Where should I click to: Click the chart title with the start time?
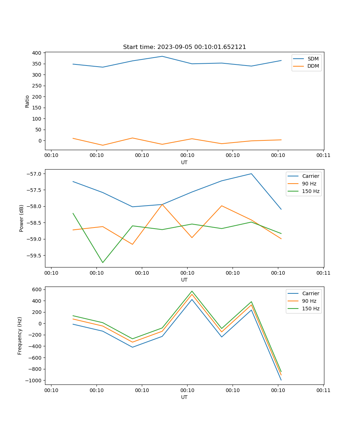pyautogui.click(x=184, y=47)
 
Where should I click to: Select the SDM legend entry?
pyautogui.click(x=313, y=59)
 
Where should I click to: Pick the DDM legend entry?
pyautogui.click(x=313, y=66)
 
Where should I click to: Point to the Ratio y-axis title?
pyautogui.click(x=27, y=101)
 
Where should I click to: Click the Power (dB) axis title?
pyautogui.click(x=22, y=218)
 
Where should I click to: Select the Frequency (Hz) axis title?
pyautogui.click(x=20, y=336)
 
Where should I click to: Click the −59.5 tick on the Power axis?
pyautogui.click(x=35, y=256)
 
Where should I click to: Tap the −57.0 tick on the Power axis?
pyautogui.click(x=35, y=174)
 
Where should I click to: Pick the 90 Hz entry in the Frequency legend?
pyautogui.click(x=309, y=301)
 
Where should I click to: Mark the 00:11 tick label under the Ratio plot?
pyautogui.click(x=323, y=156)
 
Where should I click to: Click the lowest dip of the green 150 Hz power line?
pyautogui.click(x=103, y=262)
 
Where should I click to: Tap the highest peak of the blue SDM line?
pyautogui.click(x=162, y=56)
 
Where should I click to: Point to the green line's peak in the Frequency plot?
pyautogui.click(x=192, y=291)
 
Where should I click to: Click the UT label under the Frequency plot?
pyautogui.click(x=184, y=397)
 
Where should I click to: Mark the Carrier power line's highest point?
pyautogui.click(x=251, y=174)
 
